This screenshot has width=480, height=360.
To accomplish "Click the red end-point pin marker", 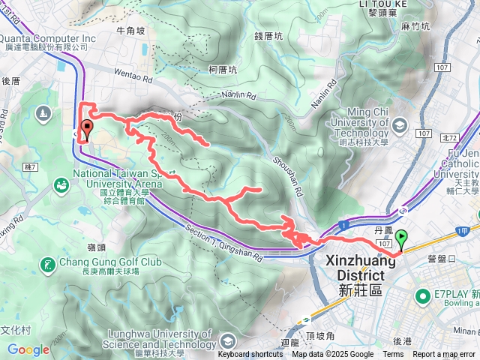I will point(86,129).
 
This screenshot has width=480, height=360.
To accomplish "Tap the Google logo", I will point(28,349).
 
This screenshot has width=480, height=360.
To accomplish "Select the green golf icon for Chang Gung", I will point(49,265).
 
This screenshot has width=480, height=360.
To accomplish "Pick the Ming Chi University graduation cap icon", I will point(398,124).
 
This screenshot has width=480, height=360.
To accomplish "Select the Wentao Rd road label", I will point(133,76).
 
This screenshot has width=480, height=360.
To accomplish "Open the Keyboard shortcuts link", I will point(250,355).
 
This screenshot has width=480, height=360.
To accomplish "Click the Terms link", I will point(393,355).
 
